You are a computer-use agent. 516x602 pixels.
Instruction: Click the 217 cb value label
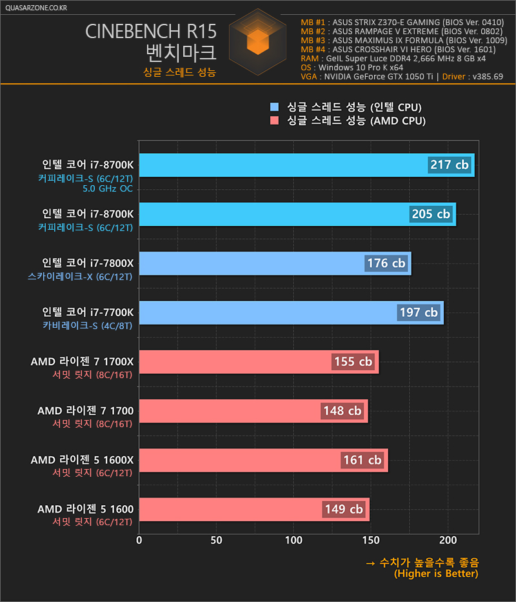(x=449, y=165)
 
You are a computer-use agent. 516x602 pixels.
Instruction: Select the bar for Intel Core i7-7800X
(x=275, y=263)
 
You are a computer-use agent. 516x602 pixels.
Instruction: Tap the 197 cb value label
(x=419, y=312)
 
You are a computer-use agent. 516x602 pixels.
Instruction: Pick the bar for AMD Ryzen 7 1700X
(x=259, y=362)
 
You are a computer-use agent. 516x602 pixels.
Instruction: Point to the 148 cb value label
(x=342, y=411)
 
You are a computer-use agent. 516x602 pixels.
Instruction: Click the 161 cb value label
(x=362, y=460)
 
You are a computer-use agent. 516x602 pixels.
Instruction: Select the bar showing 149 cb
(x=254, y=510)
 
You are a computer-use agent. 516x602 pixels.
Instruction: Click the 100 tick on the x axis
(x=293, y=541)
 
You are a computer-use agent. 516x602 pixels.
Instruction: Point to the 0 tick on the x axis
(x=139, y=541)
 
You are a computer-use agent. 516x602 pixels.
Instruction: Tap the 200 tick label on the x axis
(x=448, y=541)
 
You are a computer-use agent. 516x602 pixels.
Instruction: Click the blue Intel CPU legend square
(x=274, y=106)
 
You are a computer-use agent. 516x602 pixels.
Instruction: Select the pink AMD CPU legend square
(x=274, y=121)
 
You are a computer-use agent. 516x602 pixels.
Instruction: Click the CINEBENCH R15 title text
(x=151, y=32)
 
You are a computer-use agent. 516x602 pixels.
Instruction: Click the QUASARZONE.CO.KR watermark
(x=36, y=8)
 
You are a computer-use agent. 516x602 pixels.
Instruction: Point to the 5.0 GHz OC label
(x=108, y=188)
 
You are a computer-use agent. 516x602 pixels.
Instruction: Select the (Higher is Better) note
(x=436, y=574)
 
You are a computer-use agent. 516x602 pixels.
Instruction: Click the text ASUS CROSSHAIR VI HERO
(x=382, y=50)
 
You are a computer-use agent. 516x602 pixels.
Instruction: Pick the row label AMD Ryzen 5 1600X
(x=82, y=460)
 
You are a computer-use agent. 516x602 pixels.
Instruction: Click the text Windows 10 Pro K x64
(x=361, y=68)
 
